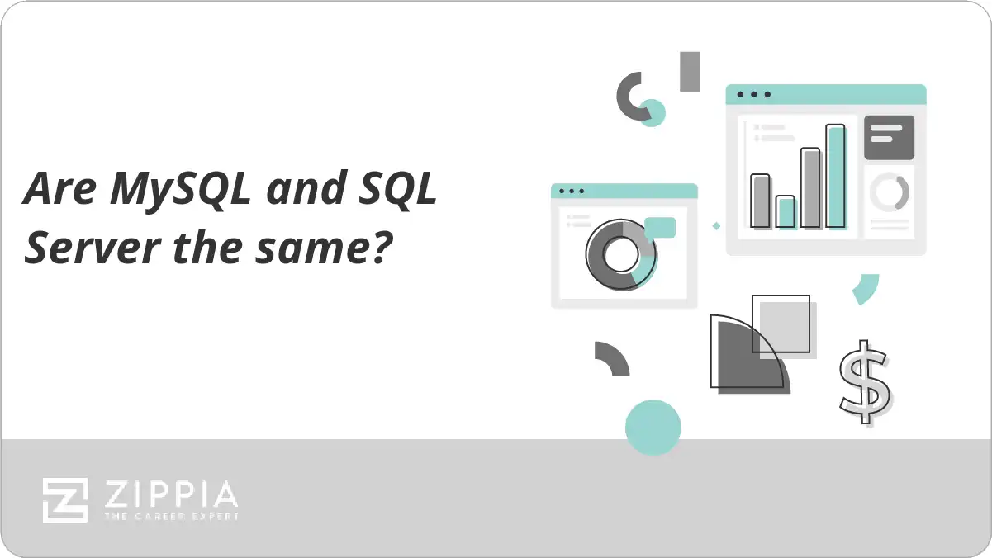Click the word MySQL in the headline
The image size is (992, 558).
click(x=180, y=189)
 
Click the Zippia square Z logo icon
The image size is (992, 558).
click(x=65, y=500)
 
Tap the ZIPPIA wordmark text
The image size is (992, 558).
click(x=171, y=494)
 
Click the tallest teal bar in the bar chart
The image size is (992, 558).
click(x=836, y=177)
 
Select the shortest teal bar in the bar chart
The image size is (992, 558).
click(x=786, y=212)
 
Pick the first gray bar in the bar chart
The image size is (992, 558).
click(x=761, y=201)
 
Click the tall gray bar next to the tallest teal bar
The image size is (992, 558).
click(x=811, y=188)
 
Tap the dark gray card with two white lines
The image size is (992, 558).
click(x=889, y=138)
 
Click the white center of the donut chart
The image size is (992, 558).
click(x=621, y=255)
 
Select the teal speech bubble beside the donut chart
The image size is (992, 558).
click(x=660, y=229)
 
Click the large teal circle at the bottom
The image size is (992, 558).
click(x=653, y=428)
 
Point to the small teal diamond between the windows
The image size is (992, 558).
click(x=716, y=226)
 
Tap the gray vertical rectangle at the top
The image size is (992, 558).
click(x=690, y=72)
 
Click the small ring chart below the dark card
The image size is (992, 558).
click(x=890, y=192)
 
